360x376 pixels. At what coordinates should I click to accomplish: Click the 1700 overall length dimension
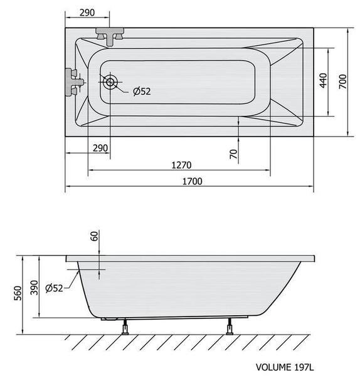coord(193,181)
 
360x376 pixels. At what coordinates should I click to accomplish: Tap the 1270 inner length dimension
coord(181,165)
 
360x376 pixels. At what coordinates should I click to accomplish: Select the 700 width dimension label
coord(343,81)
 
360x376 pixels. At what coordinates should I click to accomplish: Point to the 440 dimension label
coord(324,81)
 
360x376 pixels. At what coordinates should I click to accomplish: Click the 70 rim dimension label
coord(233,154)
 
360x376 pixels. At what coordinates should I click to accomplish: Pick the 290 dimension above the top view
coord(87,13)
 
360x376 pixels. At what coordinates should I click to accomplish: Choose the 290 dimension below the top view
coord(100,148)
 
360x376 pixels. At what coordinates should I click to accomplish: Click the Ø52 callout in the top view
coord(142,91)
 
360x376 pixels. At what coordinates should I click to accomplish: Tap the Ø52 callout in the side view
coord(54,288)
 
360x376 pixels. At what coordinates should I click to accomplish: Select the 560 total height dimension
coord(18,293)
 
